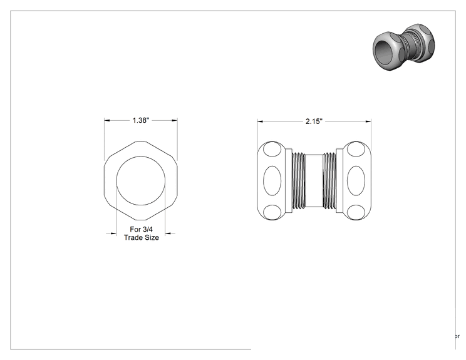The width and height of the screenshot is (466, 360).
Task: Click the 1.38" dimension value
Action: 140,120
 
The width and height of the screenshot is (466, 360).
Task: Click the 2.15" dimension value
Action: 314,121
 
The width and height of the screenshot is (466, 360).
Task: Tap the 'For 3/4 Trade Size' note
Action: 142,234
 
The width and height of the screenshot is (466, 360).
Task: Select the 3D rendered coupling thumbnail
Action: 403,46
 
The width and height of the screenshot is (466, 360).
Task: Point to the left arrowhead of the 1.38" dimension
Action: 107,120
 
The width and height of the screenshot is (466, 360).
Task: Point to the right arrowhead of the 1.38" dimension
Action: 175,120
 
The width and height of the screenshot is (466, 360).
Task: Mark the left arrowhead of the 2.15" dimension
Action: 260,121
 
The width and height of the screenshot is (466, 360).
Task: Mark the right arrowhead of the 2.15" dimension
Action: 368,121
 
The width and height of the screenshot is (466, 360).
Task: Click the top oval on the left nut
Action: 272,149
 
